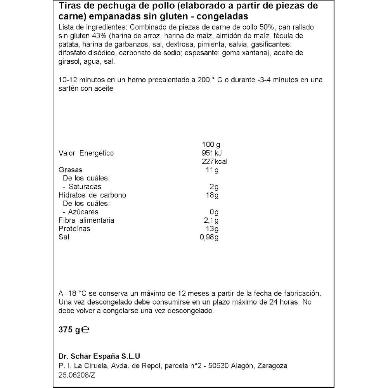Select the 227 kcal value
point(214,161)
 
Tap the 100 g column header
point(211,145)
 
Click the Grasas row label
point(70,170)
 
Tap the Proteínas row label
point(74,229)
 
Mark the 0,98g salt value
point(208,237)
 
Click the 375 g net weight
point(69,330)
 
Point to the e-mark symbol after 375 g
point(86,330)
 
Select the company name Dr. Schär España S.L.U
point(99,356)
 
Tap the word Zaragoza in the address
point(272,366)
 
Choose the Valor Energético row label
point(86,153)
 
